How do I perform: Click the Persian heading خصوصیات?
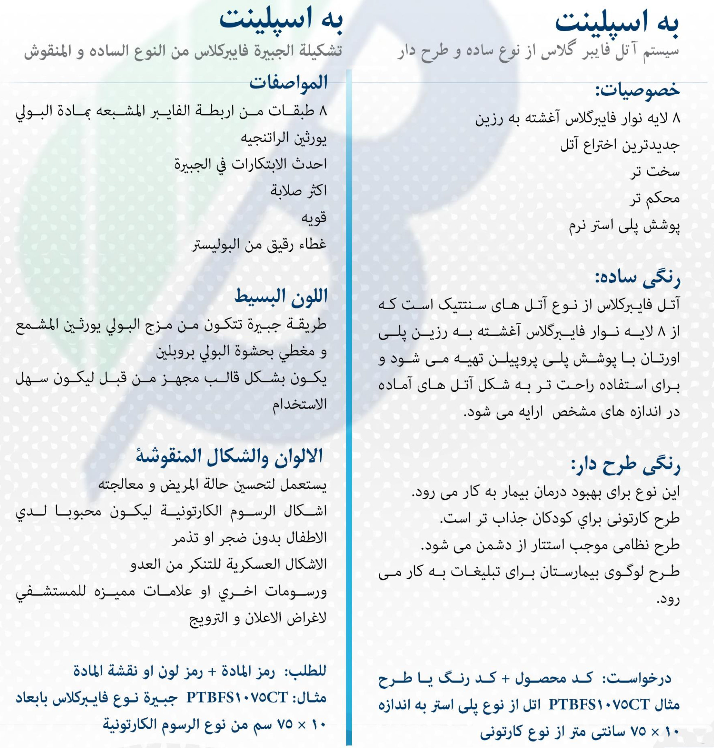tap(637, 90)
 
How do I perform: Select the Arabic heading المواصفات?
tap(288, 83)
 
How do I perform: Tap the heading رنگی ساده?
tap(637, 277)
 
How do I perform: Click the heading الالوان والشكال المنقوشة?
tap(229, 456)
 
